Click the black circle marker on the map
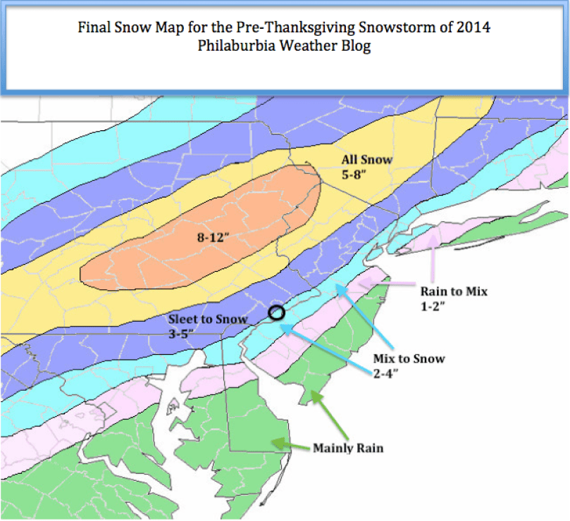tap(277, 313)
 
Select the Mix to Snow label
tap(409, 358)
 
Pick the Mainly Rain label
tap(348, 448)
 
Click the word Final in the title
tap(93, 29)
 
